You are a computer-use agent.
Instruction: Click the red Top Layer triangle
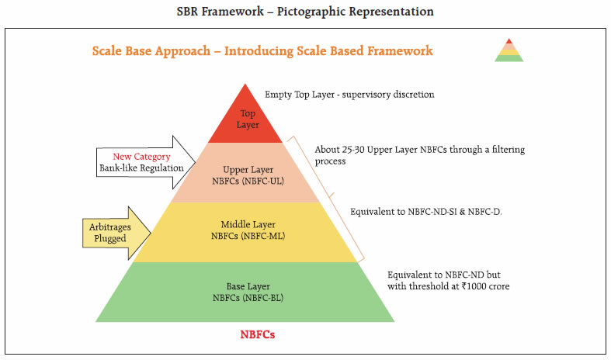click(x=246, y=120)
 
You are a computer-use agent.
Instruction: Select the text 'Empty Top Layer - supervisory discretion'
click(x=349, y=94)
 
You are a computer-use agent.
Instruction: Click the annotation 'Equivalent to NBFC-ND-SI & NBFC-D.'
click(x=425, y=211)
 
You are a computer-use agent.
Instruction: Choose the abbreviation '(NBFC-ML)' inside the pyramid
click(x=265, y=237)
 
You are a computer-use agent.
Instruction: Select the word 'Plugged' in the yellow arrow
click(x=109, y=239)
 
